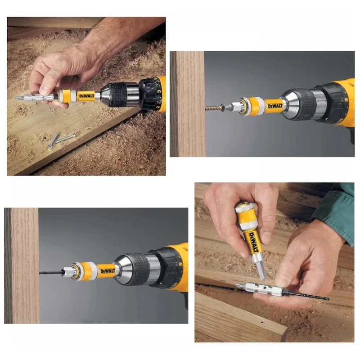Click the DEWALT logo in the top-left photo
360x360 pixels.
[87, 96]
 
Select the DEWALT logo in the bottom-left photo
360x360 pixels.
[107, 270]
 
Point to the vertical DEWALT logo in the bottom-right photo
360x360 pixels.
[252, 242]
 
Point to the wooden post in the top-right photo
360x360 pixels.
[187, 103]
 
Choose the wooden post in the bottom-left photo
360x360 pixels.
[22, 265]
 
